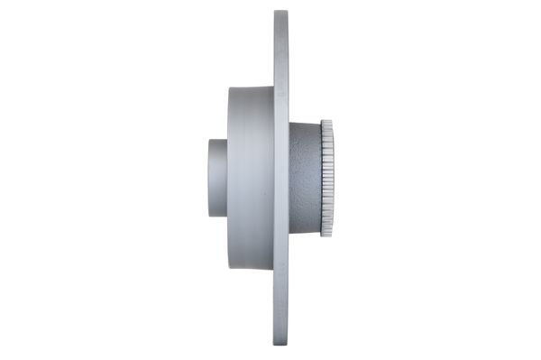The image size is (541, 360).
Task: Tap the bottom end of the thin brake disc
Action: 281,345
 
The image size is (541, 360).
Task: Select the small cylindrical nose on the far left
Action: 218,178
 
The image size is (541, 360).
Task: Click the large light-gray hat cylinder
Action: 250,178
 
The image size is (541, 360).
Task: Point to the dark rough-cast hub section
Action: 305,178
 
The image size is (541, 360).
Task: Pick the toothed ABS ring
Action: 326,178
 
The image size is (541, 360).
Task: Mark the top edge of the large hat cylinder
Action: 251,88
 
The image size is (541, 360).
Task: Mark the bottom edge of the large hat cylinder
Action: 251,267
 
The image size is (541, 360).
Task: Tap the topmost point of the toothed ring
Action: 326,121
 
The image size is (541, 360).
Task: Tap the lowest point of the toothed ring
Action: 326,235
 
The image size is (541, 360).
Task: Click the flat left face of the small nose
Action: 209,178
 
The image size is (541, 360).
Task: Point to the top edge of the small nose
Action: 218,140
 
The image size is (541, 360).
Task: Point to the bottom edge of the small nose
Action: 218,216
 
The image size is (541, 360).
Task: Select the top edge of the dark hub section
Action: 305,125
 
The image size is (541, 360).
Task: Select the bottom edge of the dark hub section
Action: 305,231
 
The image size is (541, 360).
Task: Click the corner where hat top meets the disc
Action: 273,88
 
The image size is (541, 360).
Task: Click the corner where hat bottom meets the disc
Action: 273,267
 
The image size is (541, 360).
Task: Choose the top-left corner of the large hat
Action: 229,89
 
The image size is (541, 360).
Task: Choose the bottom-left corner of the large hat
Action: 229,266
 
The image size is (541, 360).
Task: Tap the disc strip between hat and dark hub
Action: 281,178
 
